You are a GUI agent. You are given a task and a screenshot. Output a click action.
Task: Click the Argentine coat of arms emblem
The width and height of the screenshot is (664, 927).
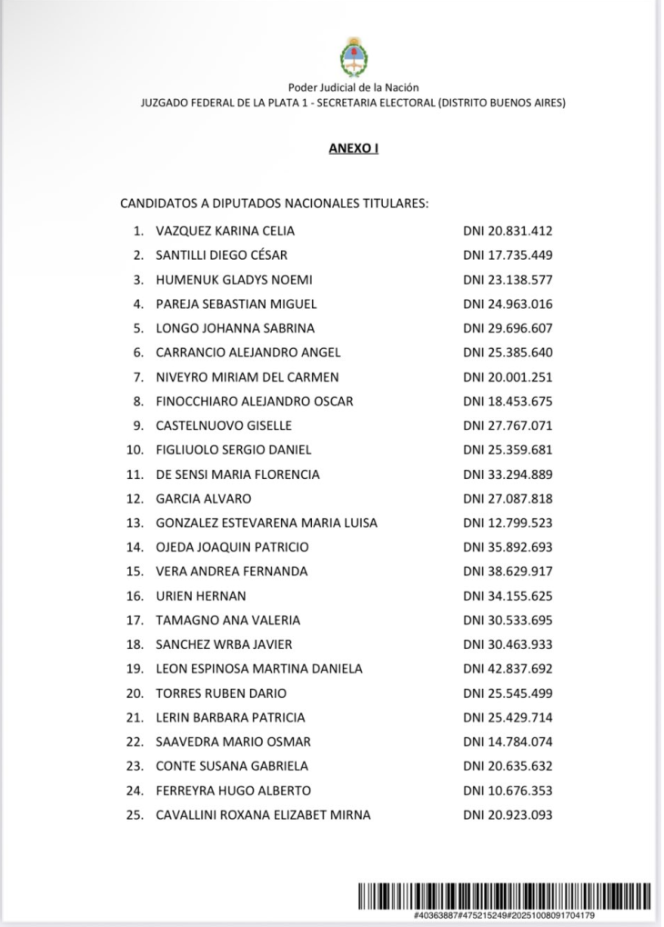354,55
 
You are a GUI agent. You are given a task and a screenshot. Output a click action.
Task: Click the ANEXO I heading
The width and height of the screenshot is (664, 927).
353,148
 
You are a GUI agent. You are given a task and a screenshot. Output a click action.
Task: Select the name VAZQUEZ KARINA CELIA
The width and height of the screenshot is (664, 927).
226,231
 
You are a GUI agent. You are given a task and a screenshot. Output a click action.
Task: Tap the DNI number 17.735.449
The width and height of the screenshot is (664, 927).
508,255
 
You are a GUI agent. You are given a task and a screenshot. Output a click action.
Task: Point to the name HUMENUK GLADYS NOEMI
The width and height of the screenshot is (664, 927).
235,280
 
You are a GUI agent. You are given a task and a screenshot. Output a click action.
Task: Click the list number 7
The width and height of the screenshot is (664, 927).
137,377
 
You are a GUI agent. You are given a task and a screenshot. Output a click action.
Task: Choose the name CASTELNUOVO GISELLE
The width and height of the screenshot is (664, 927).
224,425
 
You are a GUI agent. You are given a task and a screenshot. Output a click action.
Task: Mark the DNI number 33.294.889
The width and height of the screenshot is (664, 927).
508,474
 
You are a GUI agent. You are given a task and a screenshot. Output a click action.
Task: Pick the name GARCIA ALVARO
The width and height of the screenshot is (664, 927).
204,499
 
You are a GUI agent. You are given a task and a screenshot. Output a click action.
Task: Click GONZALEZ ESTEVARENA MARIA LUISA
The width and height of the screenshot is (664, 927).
267,523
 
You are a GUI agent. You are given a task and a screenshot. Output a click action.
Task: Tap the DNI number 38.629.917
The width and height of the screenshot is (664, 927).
508,572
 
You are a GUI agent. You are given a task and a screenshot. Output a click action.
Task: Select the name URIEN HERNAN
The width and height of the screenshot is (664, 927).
201,596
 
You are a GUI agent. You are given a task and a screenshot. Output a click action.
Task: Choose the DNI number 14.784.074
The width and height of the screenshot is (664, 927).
508,742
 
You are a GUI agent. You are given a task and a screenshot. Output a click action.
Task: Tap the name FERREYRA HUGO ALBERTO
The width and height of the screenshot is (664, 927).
233,791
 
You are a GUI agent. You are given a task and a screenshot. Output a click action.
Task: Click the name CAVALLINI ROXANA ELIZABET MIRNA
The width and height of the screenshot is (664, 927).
263,815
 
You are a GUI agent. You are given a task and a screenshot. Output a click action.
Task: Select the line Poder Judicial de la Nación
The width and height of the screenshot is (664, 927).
353,87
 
